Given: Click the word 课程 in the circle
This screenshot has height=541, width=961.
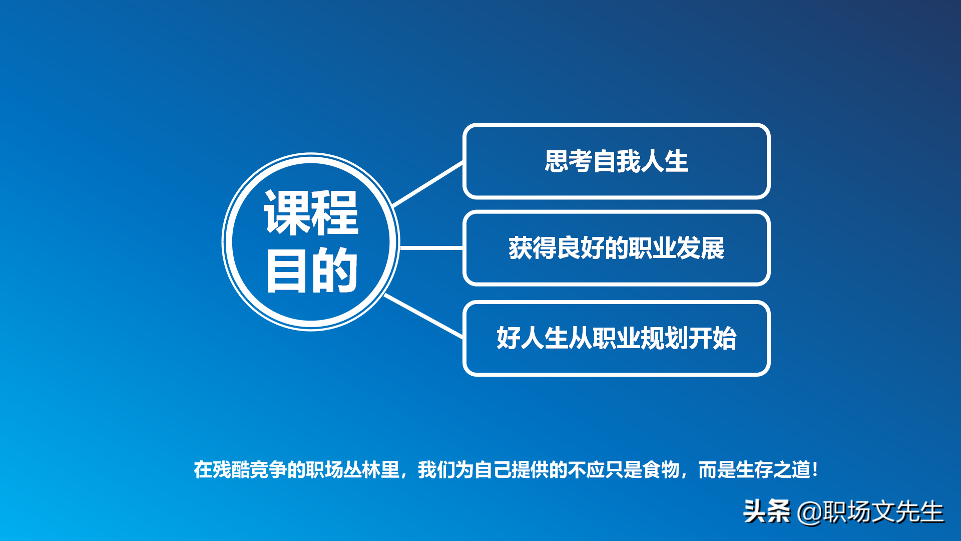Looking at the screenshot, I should click(311, 212).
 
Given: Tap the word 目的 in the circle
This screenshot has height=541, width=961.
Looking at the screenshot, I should click(311, 270).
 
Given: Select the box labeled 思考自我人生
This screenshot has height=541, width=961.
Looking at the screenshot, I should click(616, 161).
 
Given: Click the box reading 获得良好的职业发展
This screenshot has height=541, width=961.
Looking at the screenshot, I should click(616, 248).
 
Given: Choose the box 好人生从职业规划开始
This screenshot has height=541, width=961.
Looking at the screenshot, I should click(616, 338).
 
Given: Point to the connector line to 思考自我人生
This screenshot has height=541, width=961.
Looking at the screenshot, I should click(428, 184).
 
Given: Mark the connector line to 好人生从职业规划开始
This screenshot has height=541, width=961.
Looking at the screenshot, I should click(423, 316).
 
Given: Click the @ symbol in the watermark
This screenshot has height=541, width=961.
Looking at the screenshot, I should click(810, 512).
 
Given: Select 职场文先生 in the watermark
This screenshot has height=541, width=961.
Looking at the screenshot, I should click(883, 512).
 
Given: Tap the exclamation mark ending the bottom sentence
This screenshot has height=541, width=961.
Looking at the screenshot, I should click(815, 470).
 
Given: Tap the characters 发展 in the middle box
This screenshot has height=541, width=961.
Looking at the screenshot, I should click(700, 248).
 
